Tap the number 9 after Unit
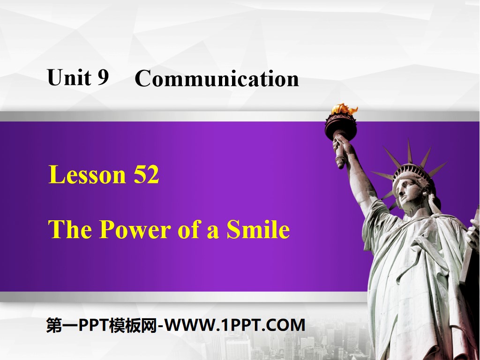click(x=103, y=77)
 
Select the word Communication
click(x=217, y=79)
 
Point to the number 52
click(x=146, y=175)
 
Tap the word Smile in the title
click(x=258, y=230)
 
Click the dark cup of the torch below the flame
click(x=341, y=126)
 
